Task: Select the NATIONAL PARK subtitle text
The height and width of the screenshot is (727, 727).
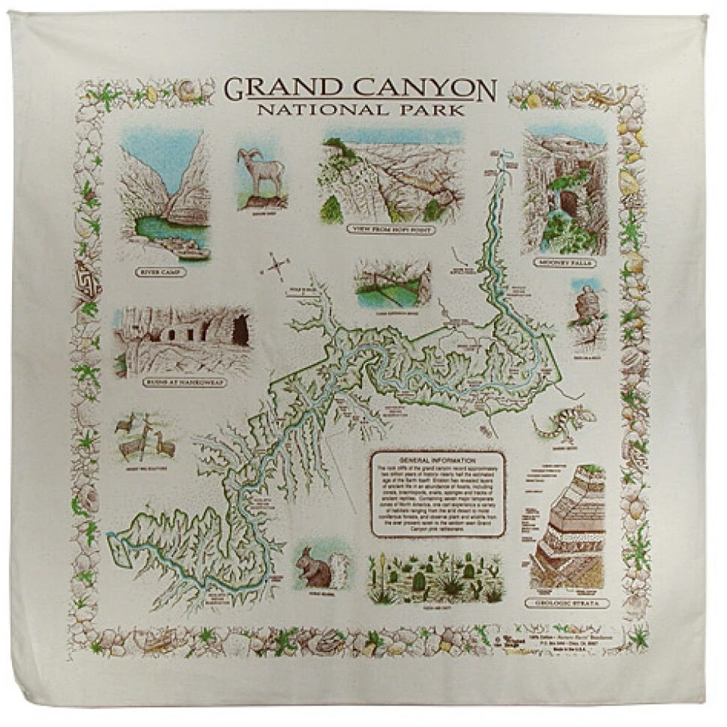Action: click(x=360, y=111)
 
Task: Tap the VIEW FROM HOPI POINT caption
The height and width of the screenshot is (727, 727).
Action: click(x=391, y=229)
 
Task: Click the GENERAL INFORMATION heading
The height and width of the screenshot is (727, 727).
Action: click(x=437, y=460)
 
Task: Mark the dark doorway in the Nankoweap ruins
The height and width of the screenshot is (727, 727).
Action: click(x=240, y=329)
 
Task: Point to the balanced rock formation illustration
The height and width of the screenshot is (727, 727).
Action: click(x=586, y=307)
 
